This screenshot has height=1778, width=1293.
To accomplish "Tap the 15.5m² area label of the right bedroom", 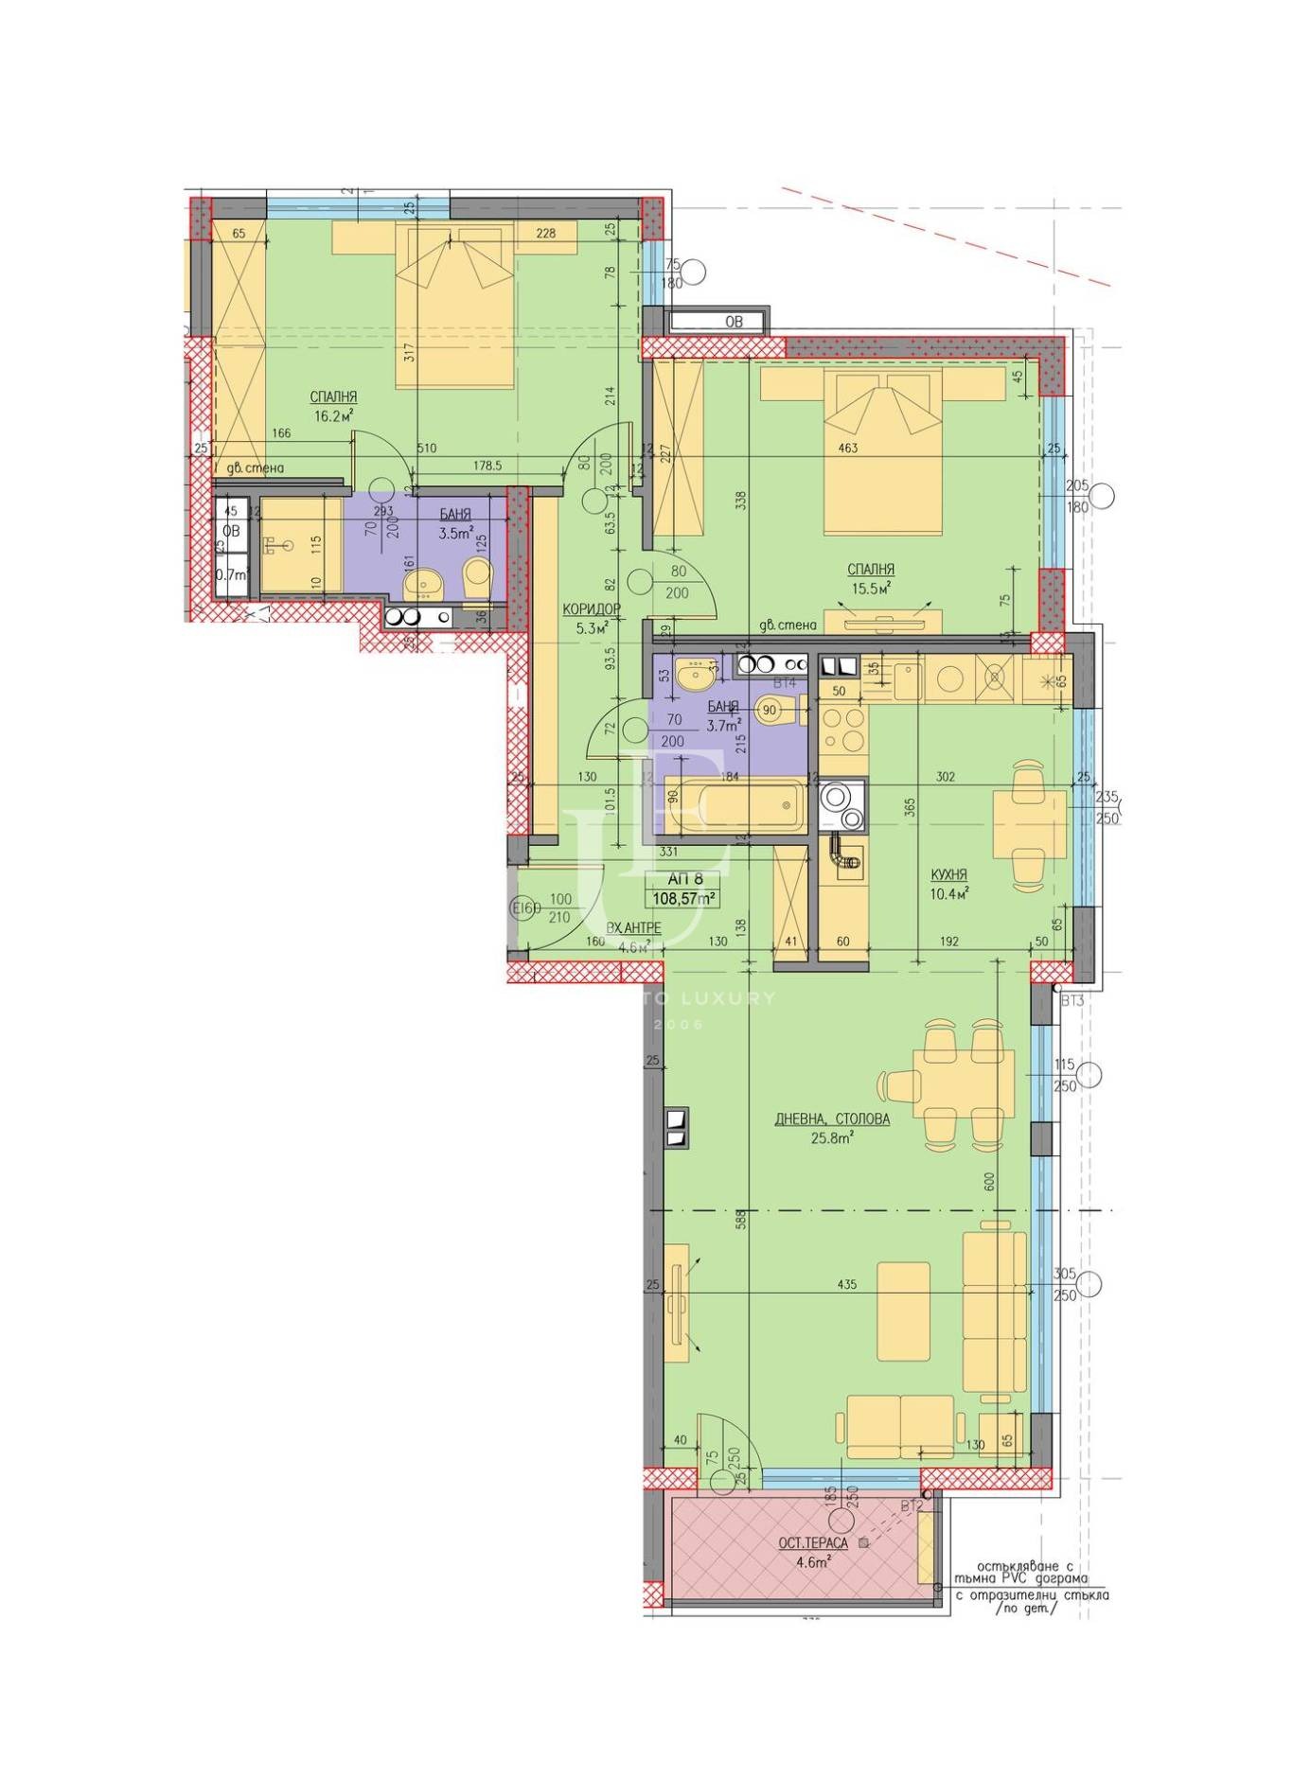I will [871, 588].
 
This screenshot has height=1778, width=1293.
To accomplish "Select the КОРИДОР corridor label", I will [591, 608].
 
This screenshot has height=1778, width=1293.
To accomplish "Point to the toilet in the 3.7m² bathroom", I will [776, 712].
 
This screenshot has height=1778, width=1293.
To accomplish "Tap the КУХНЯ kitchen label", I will [948, 874].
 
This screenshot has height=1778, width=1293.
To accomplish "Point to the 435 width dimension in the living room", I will [847, 1284].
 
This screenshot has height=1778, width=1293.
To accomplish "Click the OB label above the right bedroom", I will [734, 322].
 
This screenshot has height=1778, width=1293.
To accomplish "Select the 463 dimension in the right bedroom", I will [847, 447].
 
